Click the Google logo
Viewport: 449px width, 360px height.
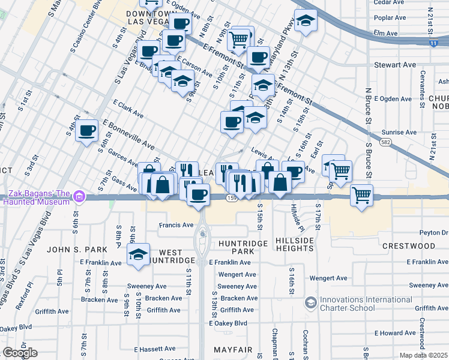coord(20,353)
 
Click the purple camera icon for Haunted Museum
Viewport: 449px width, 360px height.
coord(85,196)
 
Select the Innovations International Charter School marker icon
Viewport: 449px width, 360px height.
coord(310,302)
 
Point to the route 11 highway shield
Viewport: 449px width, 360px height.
coord(433,44)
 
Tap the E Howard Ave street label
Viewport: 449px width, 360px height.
coord(396,333)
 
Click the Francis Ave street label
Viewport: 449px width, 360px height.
coord(176,226)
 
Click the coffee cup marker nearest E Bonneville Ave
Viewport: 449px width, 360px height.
coord(86,130)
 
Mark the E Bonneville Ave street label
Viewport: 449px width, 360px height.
coord(128,134)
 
